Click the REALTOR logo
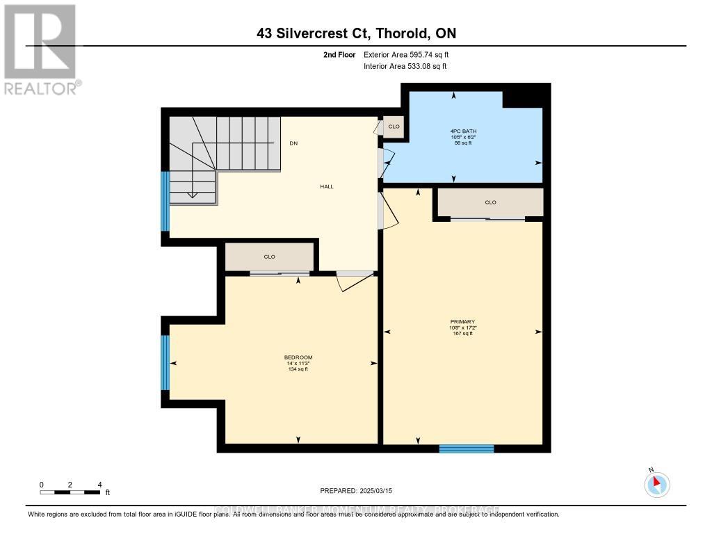pyautogui.click(x=40, y=49)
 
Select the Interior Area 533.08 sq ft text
pyautogui.click(x=405, y=67)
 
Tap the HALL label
pyautogui.click(x=326, y=186)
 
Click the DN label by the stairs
pyautogui.click(x=293, y=143)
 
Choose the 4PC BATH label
pyautogui.click(x=463, y=131)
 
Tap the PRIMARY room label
pyautogui.click(x=462, y=321)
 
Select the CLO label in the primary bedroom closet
pyautogui.click(x=490, y=202)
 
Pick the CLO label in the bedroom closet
pyautogui.click(x=270, y=257)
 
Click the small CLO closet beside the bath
pyautogui.click(x=394, y=127)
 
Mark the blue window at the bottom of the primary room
pyautogui.click(x=467, y=448)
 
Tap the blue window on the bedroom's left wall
pyautogui.click(x=165, y=363)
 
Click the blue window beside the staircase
pyautogui.click(x=165, y=201)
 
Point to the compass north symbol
pyautogui.click(x=657, y=484)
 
